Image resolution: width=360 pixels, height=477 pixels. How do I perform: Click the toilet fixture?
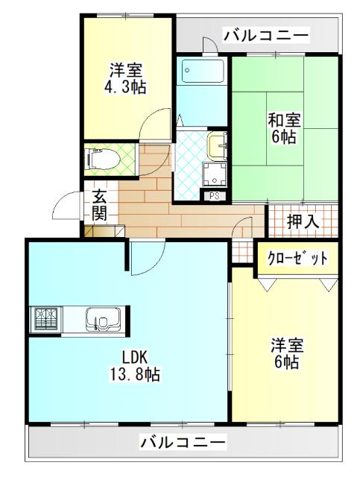[98, 158]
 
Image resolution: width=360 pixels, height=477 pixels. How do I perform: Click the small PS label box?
[215, 196]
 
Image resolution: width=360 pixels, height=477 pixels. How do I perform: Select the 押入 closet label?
[303, 221]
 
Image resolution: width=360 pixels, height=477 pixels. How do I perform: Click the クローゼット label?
[297, 259]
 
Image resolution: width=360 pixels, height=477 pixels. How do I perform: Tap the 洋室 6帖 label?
[285, 353]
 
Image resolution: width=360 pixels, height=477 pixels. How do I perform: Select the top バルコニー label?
[265, 34]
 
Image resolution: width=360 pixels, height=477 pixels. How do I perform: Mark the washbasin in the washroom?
[217, 144]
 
